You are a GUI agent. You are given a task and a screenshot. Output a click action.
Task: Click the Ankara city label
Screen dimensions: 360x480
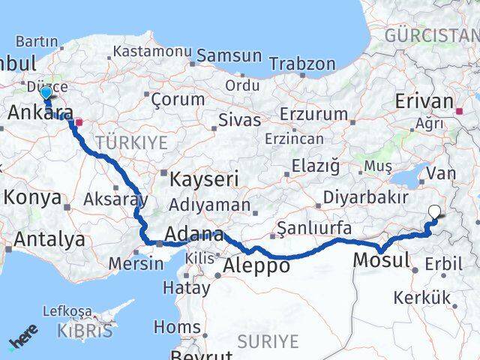click(40, 113)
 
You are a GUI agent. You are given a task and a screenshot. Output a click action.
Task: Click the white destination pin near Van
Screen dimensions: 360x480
click(434, 212)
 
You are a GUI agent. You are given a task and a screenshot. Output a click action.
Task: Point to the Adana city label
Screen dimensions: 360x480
click(193, 235)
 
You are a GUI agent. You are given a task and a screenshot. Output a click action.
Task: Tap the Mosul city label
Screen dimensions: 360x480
click(381, 261)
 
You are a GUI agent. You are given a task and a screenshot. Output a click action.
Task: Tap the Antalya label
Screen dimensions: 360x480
click(49, 240)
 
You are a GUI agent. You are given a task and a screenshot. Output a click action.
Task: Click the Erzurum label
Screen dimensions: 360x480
click(313, 115)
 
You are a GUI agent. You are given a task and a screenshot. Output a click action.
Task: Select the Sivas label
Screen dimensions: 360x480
click(240, 120)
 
